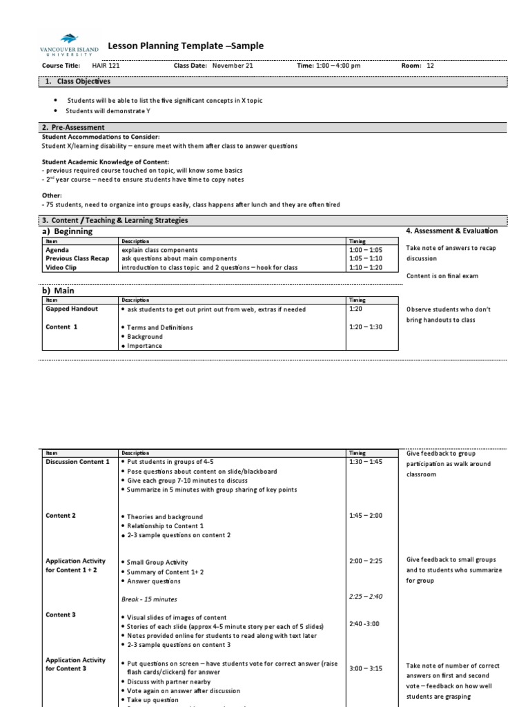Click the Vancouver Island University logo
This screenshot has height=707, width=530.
point(68,45)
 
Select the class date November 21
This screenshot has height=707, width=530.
point(233,66)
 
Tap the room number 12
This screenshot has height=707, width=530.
point(431,66)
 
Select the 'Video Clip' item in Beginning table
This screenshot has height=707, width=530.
point(61,268)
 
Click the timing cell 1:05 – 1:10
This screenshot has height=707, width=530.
point(365,259)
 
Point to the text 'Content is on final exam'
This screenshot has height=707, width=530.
point(442,276)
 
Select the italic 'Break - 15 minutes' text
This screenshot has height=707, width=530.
point(148,599)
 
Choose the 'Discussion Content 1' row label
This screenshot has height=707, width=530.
point(77,461)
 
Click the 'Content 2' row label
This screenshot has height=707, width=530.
point(61,516)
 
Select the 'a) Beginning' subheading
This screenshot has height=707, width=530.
point(68,232)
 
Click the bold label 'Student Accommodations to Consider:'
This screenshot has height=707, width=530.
point(101,137)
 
